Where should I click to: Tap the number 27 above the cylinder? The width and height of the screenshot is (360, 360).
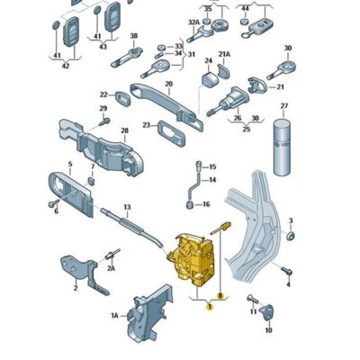point(283,107)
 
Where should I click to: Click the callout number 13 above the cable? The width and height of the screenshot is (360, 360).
point(127,208)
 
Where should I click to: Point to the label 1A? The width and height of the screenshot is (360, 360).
point(114,316)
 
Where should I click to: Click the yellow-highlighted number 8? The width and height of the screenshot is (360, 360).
point(220,293)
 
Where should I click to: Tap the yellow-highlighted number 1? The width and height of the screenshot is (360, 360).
point(210,308)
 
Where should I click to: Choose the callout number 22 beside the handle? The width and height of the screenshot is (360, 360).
point(104,94)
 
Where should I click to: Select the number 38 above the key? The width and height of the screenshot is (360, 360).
point(133,37)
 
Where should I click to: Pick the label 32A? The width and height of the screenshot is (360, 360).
point(193,22)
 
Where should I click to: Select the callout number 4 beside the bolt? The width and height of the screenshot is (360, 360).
point(288,283)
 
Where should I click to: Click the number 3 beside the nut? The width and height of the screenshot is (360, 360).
point(291,220)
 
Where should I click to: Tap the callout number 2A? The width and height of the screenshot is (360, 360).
point(112,268)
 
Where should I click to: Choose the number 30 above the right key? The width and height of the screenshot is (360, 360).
point(288,49)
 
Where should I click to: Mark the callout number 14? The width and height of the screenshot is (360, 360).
point(212,181)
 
